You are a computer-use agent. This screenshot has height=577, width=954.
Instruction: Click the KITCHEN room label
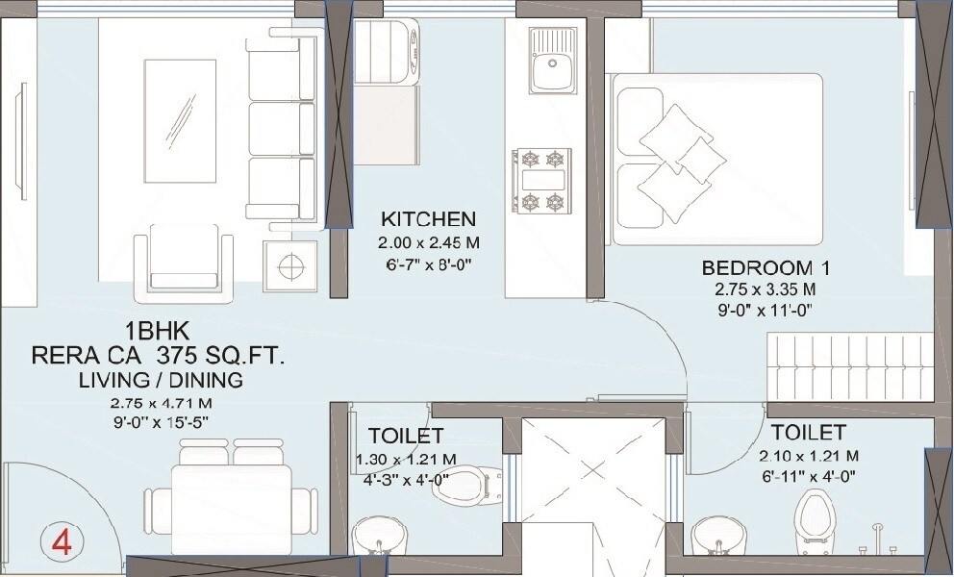point(428,217)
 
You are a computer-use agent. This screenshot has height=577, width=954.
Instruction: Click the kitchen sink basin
point(553,63)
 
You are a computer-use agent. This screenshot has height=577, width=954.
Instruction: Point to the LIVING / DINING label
point(160,380)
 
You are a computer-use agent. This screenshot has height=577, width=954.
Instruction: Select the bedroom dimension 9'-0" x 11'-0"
point(765,311)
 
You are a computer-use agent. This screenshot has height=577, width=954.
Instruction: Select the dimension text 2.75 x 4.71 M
point(162,403)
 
